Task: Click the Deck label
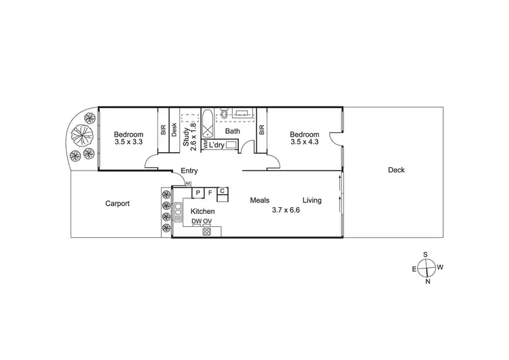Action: click(396, 170)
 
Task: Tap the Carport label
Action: click(117, 203)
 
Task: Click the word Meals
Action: click(260, 200)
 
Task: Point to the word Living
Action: click(312, 200)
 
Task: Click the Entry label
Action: click(189, 172)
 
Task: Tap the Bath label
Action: click(233, 131)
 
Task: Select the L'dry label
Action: click(217, 145)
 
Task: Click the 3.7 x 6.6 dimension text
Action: click(286, 210)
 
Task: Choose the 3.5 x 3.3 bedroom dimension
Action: click(129, 142)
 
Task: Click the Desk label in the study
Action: click(174, 129)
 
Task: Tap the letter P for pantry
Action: click(197, 193)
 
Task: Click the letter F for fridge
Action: click(210, 193)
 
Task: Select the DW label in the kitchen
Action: click(196, 222)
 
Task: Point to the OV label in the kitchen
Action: click(208, 222)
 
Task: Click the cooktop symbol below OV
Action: click(207, 231)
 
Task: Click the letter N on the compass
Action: click(427, 281)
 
